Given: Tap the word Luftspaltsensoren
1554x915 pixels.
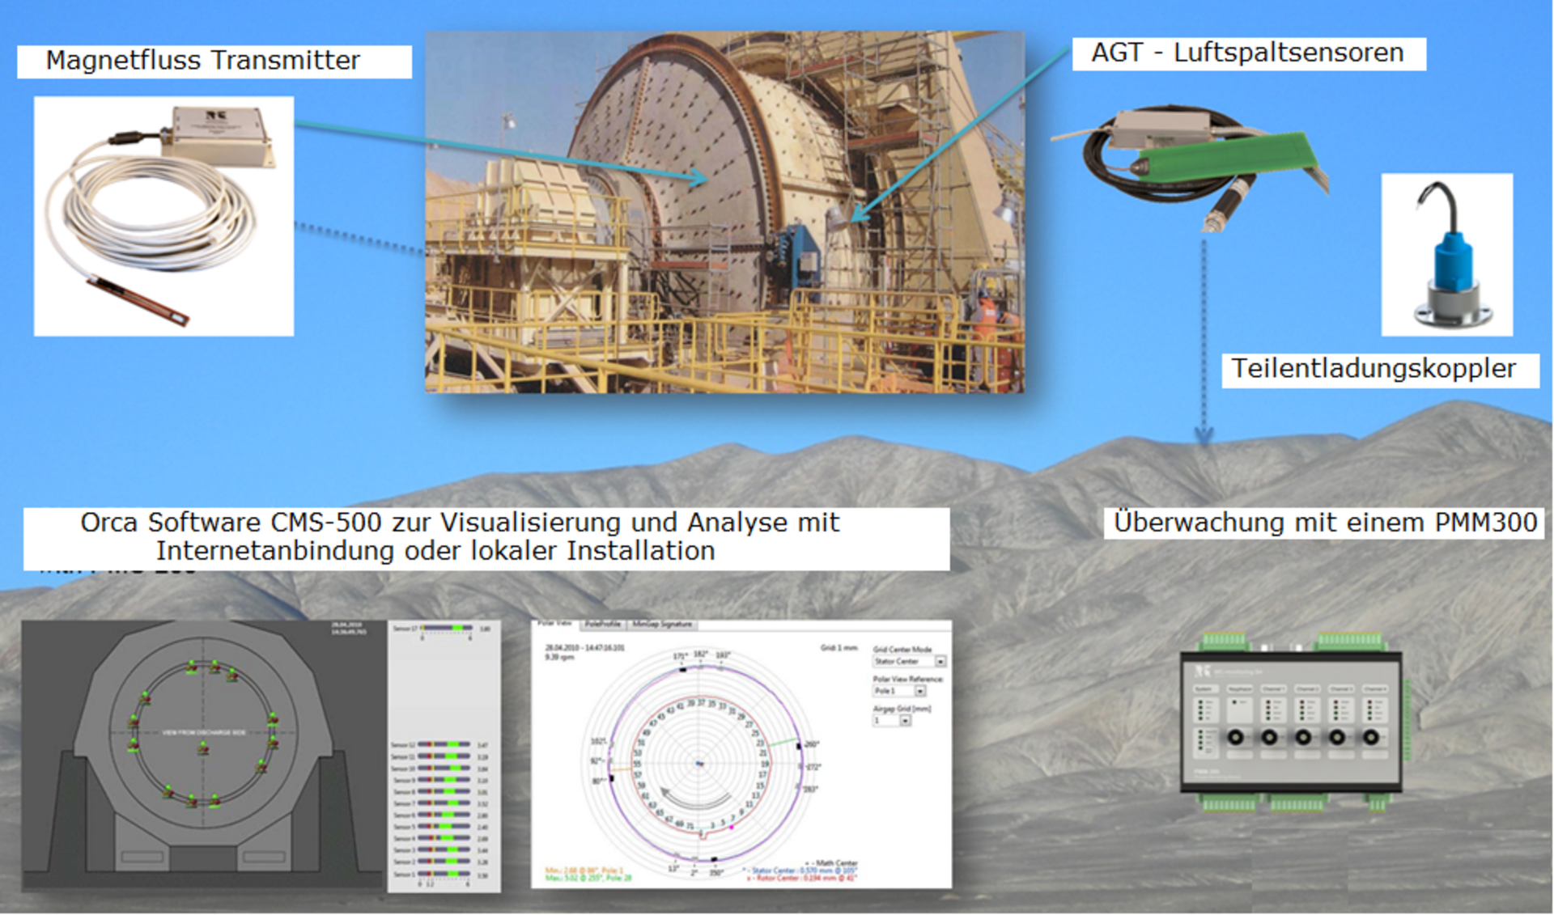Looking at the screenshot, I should [x=1289, y=53].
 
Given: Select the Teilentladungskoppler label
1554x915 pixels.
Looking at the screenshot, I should [x=1374, y=369].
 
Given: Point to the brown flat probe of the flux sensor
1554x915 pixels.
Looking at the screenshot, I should [x=138, y=299].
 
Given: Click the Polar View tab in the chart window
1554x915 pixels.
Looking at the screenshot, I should [x=555, y=625].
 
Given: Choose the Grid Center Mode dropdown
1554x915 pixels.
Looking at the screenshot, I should [x=909, y=662].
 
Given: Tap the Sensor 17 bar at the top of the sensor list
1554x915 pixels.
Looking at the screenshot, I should [x=445, y=628].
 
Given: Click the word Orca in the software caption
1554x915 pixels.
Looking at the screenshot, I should [x=109, y=523].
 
